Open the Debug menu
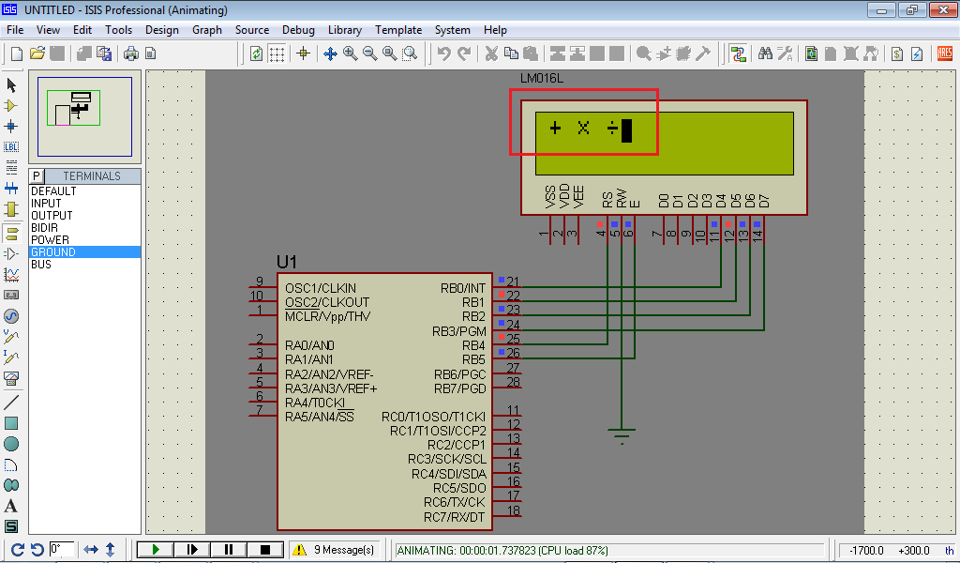tap(298, 30)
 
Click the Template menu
tap(398, 30)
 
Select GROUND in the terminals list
tap(52, 252)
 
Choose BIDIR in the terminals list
tap(45, 228)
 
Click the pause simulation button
tap(228, 550)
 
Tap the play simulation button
tap(156, 550)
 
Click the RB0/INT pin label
tap(463, 288)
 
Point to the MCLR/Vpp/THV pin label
tap(327, 317)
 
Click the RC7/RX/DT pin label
tap(455, 517)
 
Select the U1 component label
tap(287, 261)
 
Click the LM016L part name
tap(540, 78)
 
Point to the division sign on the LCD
tap(611, 129)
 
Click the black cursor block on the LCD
tap(626, 130)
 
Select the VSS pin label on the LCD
tap(550, 197)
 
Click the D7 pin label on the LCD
tap(764, 201)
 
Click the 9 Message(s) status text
tap(344, 550)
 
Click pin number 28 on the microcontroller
tap(513, 382)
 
